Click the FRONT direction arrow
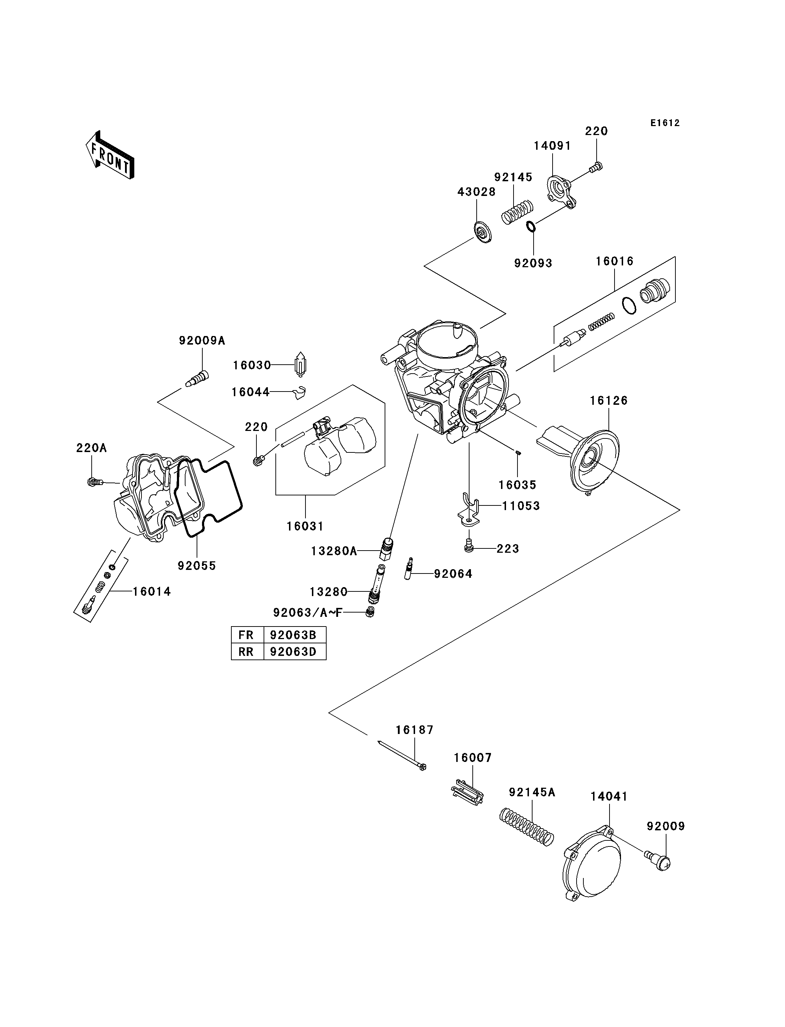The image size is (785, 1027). pyautogui.click(x=110, y=155)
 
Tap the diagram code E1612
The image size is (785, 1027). pyautogui.click(x=665, y=123)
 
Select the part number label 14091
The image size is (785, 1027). pyautogui.click(x=552, y=146)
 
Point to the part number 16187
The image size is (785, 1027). pyautogui.click(x=414, y=730)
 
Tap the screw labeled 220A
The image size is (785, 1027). pyautogui.click(x=95, y=481)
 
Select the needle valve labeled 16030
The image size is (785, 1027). pyautogui.click(x=300, y=365)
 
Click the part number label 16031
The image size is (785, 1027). pyautogui.click(x=305, y=526)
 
